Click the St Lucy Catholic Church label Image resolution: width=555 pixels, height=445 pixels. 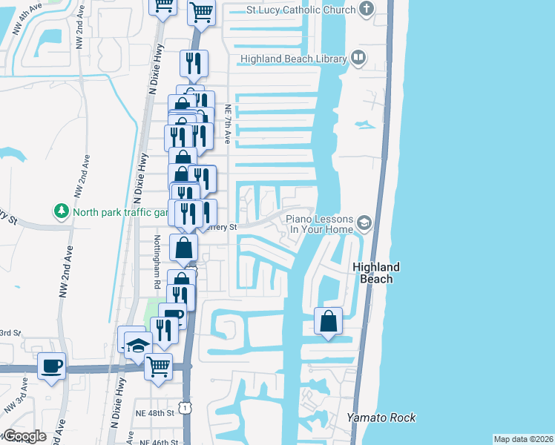(301, 10)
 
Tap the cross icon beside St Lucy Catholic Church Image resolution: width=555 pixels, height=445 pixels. (366, 10)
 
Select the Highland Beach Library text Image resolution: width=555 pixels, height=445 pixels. (293, 59)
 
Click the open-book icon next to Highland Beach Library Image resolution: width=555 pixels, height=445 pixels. (358, 58)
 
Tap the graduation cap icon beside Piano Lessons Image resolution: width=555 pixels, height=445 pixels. (364, 222)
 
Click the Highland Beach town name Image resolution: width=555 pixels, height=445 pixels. (376, 272)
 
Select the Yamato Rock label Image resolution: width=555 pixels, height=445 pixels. (381, 418)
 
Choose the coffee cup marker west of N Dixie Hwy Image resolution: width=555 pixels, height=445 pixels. (51, 366)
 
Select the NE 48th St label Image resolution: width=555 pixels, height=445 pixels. (155, 412)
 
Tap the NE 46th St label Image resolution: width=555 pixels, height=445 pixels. (155, 441)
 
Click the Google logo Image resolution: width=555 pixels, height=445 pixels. (24, 436)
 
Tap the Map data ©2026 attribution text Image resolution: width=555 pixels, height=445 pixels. (522, 439)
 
